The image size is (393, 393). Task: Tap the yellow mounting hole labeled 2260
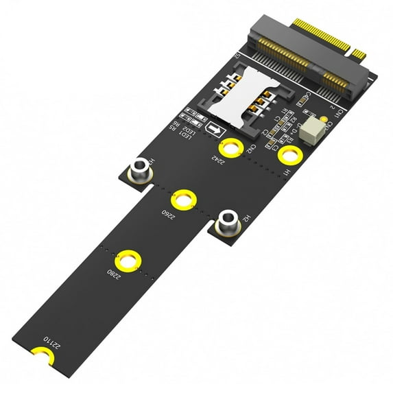point(184,200)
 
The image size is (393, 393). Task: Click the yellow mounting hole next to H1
point(289,154)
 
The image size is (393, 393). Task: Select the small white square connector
point(317,126)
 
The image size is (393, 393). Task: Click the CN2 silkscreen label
point(252,149)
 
